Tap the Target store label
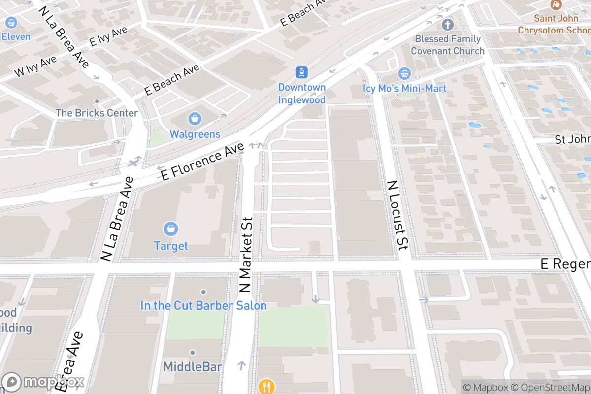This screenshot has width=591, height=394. tap(171, 246)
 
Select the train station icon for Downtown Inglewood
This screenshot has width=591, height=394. tap(301, 72)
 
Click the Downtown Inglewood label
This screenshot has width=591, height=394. tap(301, 94)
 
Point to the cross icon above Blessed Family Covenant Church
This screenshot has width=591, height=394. tap(447, 24)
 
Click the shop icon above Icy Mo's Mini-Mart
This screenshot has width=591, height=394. tap(404, 74)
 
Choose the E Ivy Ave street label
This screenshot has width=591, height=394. tap(108, 37)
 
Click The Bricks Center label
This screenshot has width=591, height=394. tap(97, 113)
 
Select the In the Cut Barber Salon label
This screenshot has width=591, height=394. tap(203, 306)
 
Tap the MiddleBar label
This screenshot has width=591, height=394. tap(193, 367)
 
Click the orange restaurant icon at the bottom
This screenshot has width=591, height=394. tap(266, 386)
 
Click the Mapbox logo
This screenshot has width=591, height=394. tap(44, 382)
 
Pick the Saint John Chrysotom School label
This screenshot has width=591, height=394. tap(554, 24)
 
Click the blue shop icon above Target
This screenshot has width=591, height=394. tap(171, 229)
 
